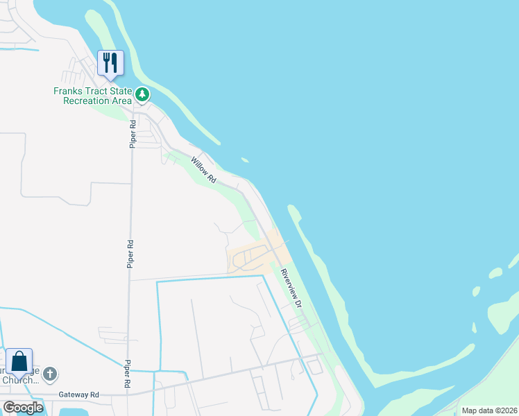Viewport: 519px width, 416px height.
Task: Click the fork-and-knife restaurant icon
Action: (x=110, y=63)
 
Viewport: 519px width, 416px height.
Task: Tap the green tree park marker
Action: (x=142, y=94)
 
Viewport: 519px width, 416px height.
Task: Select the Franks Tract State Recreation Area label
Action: (x=93, y=96)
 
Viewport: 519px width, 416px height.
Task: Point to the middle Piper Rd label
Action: (x=130, y=254)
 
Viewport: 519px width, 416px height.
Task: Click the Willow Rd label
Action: (x=203, y=170)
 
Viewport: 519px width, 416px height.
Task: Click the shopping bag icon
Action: (x=19, y=361)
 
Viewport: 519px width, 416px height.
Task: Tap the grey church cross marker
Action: (x=49, y=374)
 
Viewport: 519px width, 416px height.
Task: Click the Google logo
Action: (x=24, y=407)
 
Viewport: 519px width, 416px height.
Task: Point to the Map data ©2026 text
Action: (x=489, y=410)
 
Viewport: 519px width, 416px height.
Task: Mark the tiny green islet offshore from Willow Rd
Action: (x=245, y=161)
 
